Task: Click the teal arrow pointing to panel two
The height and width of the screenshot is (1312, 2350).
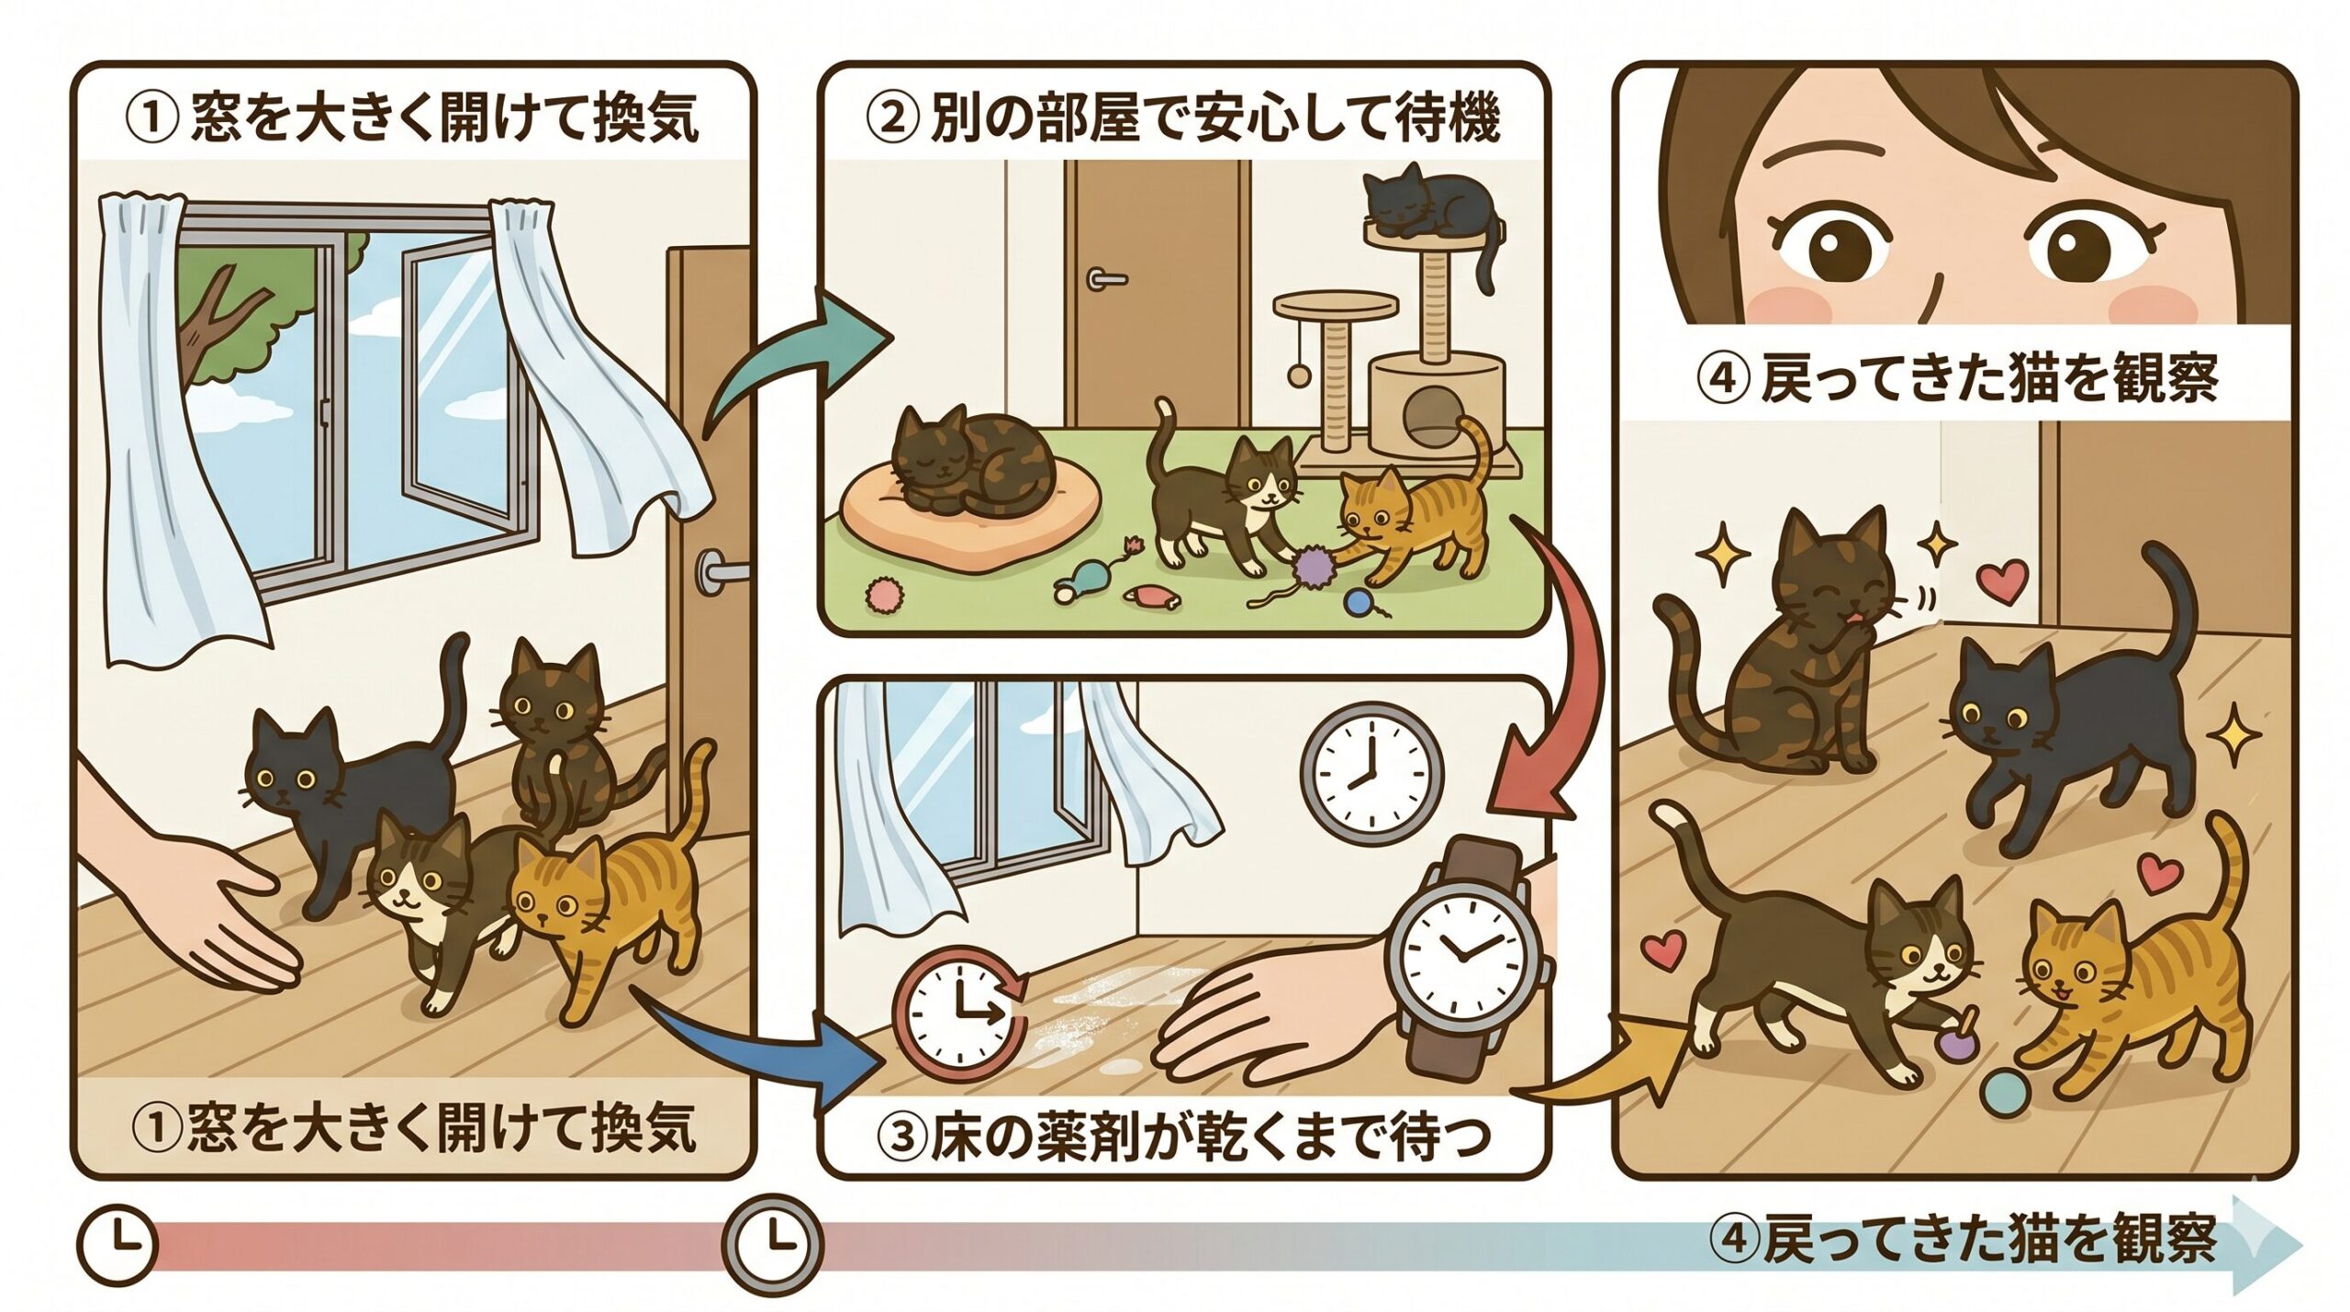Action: coord(799,363)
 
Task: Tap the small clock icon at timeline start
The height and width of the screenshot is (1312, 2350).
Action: coord(117,1245)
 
